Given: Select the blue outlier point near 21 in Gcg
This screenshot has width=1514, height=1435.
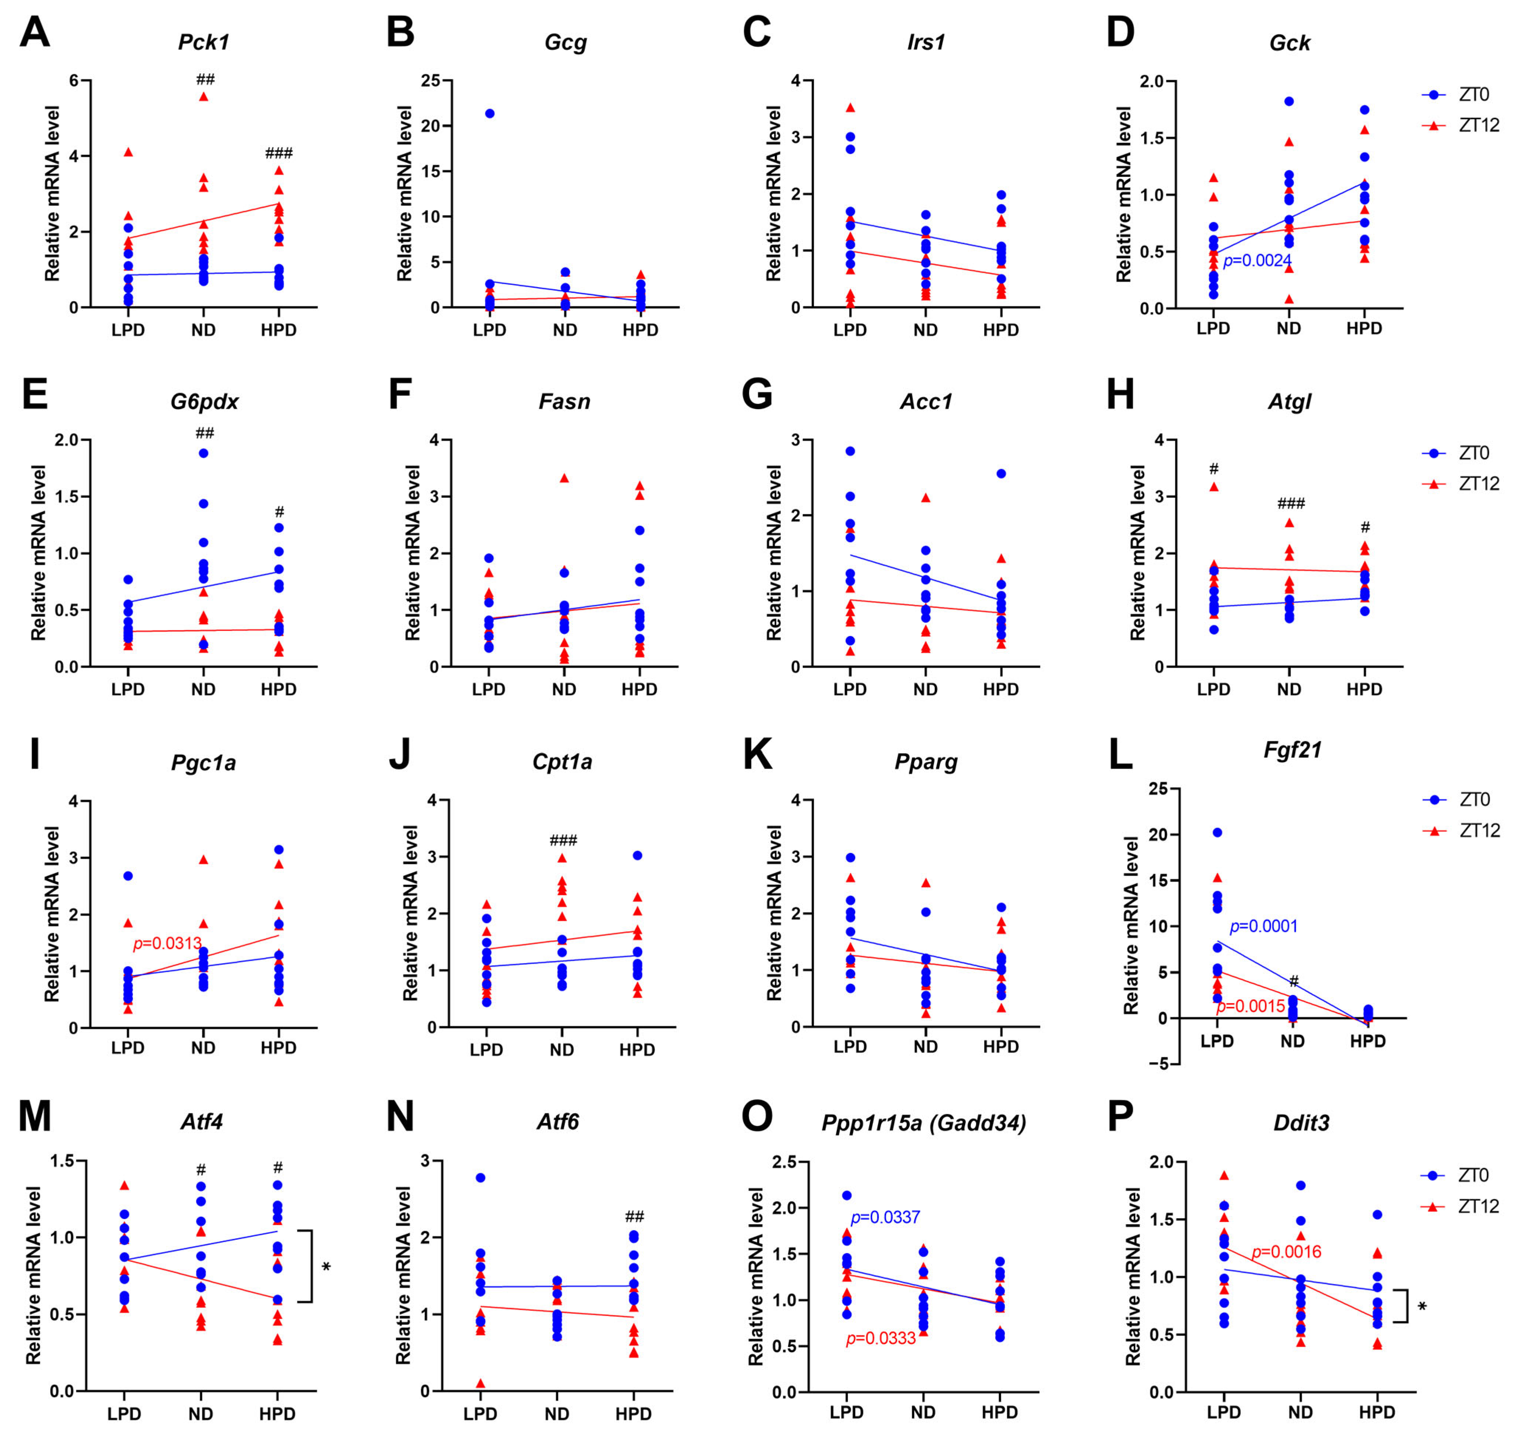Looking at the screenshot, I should tap(489, 113).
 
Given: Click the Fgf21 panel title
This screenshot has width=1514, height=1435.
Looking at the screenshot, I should tap(1292, 750).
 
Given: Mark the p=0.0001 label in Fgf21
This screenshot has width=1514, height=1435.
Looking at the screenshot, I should tap(1263, 927).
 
